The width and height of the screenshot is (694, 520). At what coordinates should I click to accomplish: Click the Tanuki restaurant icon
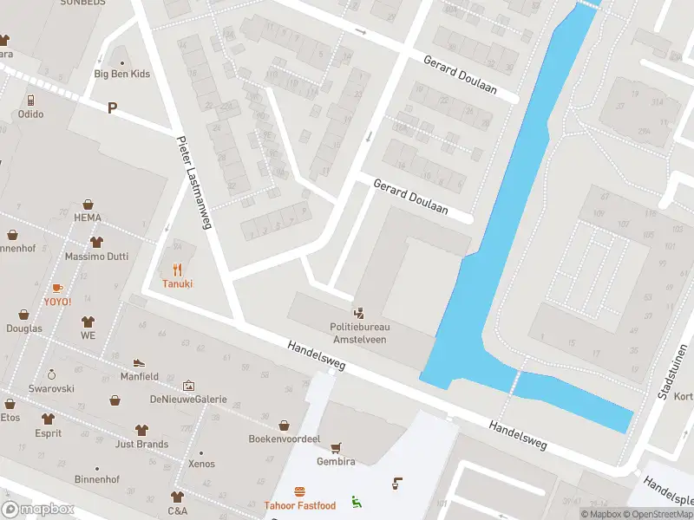(x=177, y=269)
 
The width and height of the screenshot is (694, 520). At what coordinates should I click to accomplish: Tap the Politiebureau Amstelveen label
(x=359, y=333)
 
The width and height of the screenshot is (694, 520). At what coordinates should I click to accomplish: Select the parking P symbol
(x=112, y=107)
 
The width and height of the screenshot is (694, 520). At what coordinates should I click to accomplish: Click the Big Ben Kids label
(x=121, y=74)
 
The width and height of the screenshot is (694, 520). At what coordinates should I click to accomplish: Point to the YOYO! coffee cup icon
(x=57, y=287)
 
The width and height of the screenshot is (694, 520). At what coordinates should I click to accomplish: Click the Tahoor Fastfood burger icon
(x=300, y=491)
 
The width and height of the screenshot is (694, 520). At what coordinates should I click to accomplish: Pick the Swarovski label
(x=51, y=389)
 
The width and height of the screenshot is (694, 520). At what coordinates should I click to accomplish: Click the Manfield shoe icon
(x=139, y=362)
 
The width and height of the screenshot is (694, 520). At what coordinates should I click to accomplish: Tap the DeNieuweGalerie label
(x=188, y=400)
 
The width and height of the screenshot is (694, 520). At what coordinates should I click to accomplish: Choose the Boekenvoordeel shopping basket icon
(x=284, y=425)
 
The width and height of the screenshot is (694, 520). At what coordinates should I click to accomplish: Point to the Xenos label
(x=201, y=465)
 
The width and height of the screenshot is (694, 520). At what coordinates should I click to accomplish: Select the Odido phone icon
(x=29, y=100)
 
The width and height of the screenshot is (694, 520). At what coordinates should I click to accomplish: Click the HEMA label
(x=88, y=218)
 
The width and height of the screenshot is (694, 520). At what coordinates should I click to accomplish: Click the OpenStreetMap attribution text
(x=656, y=514)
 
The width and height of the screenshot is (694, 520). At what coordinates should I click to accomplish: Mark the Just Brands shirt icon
(x=141, y=430)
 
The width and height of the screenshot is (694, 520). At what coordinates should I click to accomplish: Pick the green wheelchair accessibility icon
(x=356, y=500)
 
